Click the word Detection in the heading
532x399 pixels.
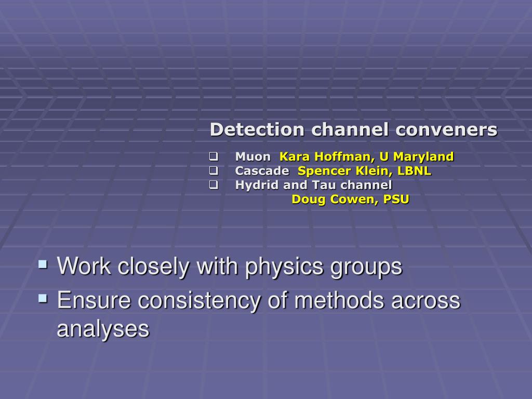[257, 129]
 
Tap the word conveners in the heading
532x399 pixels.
[446, 129]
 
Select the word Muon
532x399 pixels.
[253, 156]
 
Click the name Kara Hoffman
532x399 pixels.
[327, 156]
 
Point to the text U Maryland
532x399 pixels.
[417, 157]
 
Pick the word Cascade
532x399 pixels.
[262, 170]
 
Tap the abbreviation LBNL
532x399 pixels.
[414, 170]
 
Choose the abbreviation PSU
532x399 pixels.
[396, 199]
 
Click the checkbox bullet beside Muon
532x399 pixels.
[214, 156]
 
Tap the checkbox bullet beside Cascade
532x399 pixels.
[214, 170]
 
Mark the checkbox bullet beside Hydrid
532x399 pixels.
[214, 185]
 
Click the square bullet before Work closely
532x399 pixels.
[43, 264]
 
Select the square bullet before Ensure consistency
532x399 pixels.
[43, 299]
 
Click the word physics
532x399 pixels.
[284, 267]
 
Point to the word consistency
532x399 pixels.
[199, 301]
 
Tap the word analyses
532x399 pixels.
[103, 329]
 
